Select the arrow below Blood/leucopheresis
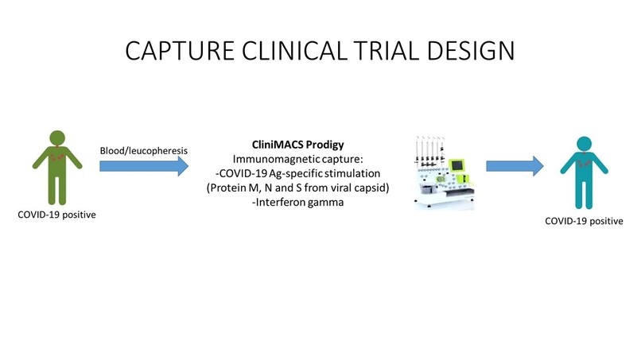pyautogui.click(x=143, y=166)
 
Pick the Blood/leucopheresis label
pyautogui.click(x=143, y=149)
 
